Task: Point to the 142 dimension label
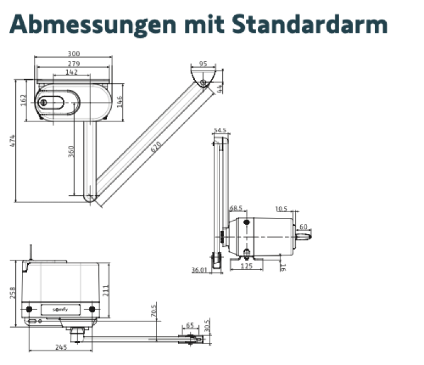pos(71,72)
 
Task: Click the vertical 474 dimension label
pos(12,141)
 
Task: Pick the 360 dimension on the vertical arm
pos(71,152)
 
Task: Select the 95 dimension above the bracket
pos(204,63)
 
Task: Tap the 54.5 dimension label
pos(220,131)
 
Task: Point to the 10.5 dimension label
pos(281,209)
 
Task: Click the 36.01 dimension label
pos(200,270)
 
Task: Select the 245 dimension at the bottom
pos(61,347)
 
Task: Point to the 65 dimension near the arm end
pos(189,326)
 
